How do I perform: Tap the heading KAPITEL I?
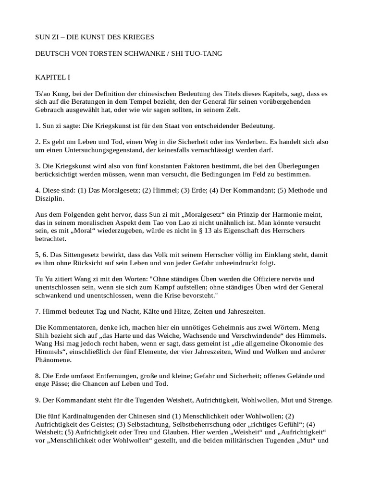(53, 77)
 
